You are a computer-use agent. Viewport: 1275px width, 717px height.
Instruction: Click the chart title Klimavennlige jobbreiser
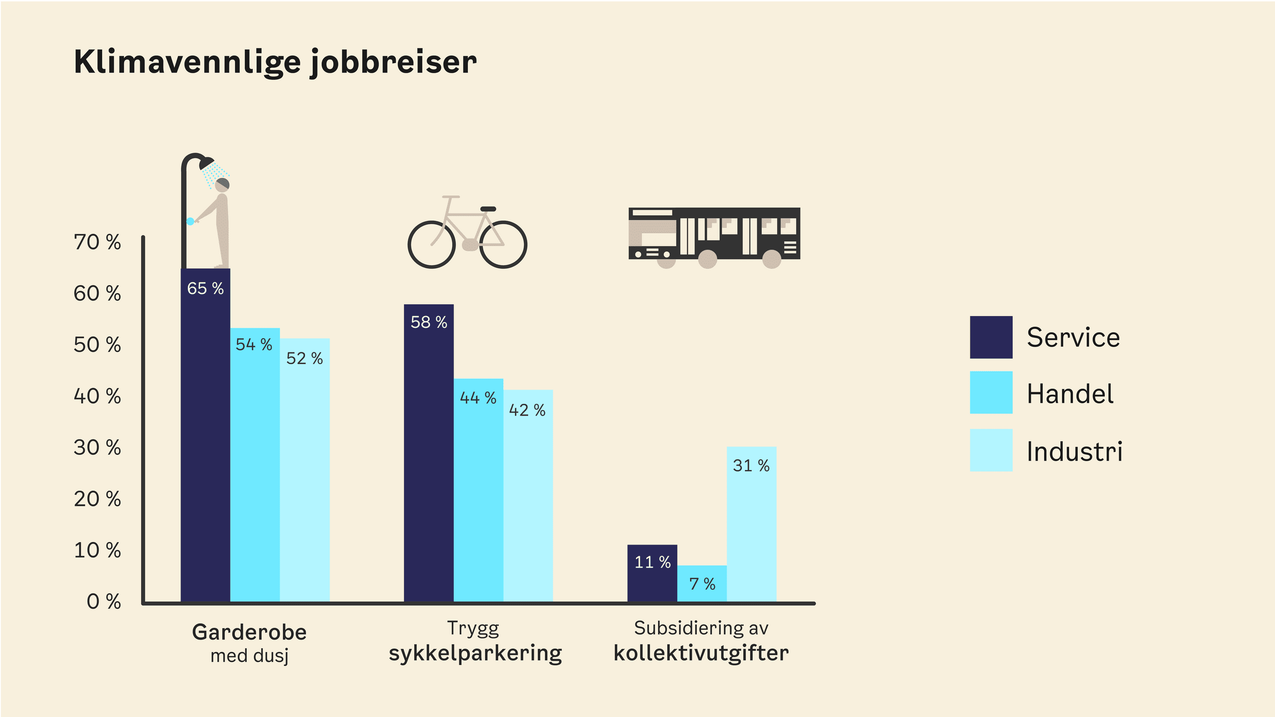coord(275,62)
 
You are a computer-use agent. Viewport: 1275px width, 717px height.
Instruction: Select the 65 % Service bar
coord(205,436)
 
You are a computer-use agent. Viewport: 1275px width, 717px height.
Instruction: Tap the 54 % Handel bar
coord(255,465)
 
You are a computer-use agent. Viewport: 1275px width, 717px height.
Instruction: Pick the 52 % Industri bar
coord(305,470)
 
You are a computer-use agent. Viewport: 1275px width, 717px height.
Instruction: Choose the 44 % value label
coord(478,398)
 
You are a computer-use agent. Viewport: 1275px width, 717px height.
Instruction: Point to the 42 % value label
coord(528,410)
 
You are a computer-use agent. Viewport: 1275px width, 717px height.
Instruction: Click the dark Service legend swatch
coord(991,338)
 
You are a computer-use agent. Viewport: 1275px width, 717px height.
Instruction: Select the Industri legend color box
coord(991,450)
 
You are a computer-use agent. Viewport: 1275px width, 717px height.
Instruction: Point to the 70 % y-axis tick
coord(98,243)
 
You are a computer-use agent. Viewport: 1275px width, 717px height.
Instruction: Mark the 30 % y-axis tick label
coord(98,448)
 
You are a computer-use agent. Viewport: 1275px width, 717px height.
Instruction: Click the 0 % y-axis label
coord(104,602)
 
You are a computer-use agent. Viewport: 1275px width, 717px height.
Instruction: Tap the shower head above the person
coord(207,163)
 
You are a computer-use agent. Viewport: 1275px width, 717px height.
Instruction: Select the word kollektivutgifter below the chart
coord(701,653)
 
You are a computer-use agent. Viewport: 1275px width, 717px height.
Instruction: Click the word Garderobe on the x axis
coord(250,632)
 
